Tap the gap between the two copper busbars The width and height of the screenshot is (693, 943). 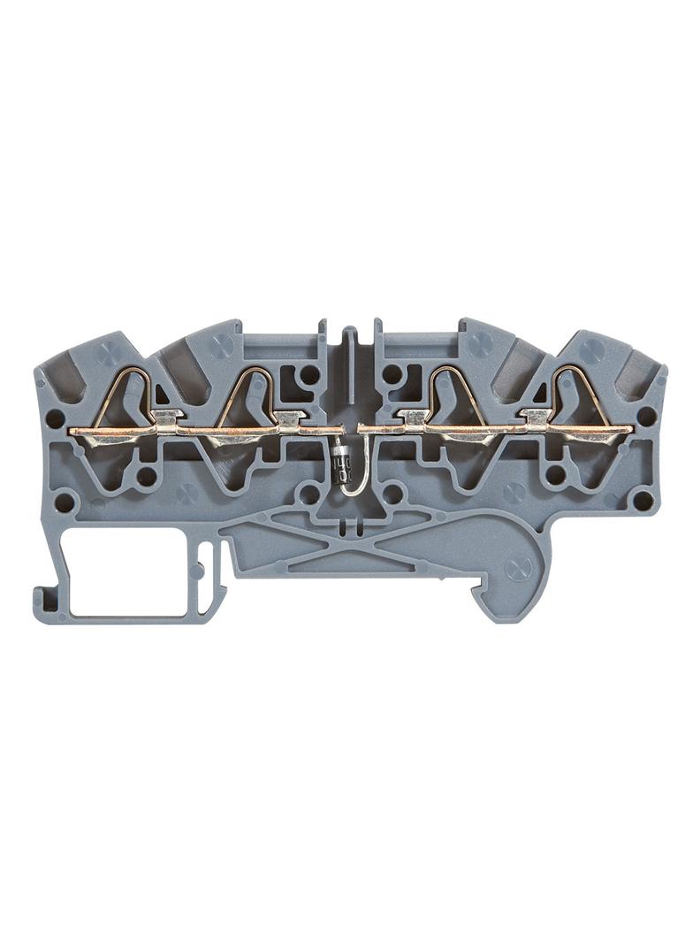(350, 430)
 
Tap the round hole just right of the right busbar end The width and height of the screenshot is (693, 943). (646, 416)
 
